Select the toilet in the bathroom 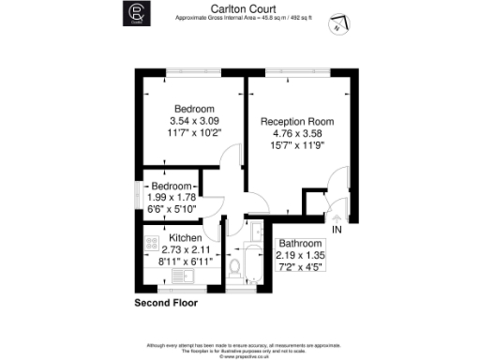click(x=235, y=269)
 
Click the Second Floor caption click(x=165, y=304)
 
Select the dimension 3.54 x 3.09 click(x=193, y=121)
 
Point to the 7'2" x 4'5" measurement click(x=300, y=267)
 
